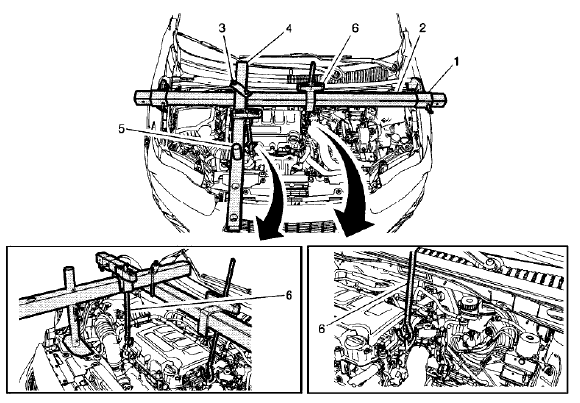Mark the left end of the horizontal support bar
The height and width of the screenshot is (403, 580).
137,95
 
